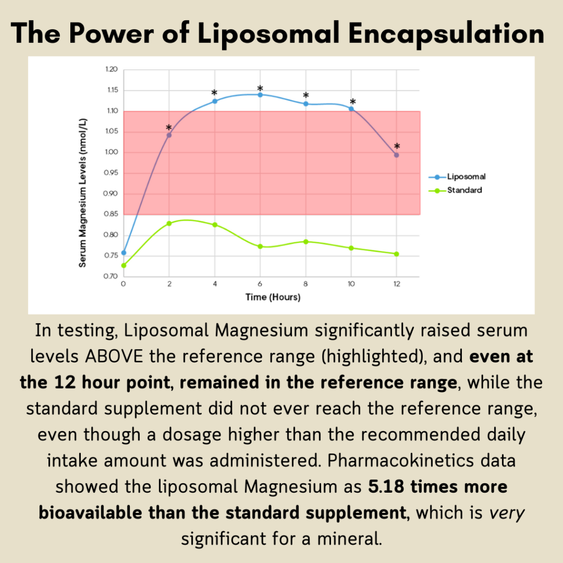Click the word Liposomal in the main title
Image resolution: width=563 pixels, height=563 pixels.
260,34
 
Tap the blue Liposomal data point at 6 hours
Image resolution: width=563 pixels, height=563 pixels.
260,95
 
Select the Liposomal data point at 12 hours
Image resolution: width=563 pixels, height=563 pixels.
396,155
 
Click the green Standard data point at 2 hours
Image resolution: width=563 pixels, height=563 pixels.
169,223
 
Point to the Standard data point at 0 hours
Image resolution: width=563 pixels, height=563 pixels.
124,266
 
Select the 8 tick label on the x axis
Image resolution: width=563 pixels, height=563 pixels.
306,284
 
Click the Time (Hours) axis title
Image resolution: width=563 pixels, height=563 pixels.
273,297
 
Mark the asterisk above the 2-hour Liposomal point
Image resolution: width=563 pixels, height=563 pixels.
169,128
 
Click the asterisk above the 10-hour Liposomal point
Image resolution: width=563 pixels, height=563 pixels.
352,102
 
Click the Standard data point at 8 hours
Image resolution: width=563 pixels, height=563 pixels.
306,241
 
